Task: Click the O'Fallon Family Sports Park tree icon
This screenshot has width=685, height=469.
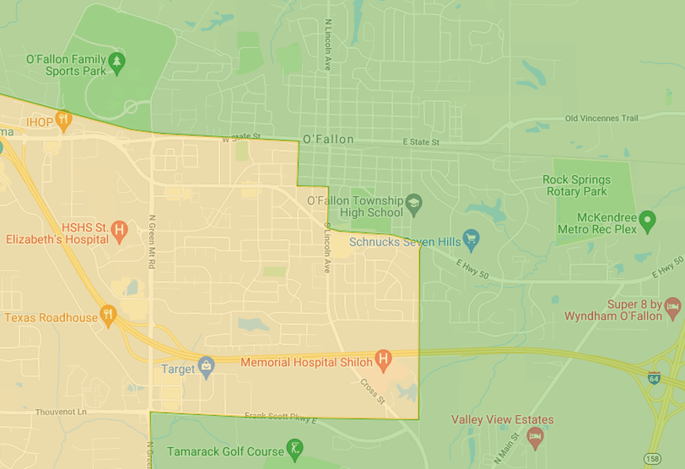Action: pos(117,62)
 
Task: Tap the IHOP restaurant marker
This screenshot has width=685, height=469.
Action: pos(63,120)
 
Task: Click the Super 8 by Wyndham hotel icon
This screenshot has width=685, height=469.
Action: pos(673,309)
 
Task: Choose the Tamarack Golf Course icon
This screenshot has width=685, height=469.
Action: pos(294,448)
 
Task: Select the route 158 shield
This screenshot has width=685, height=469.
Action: pos(652,459)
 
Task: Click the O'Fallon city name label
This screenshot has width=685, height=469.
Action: pos(328,139)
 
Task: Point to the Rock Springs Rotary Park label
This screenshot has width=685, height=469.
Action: pos(576,186)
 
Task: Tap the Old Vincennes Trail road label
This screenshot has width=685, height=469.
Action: pos(601,118)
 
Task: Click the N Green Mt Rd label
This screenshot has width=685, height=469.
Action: pos(152,242)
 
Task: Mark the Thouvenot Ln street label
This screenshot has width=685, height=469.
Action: pos(61,412)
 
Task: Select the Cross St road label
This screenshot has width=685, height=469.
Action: pos(373,391)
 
